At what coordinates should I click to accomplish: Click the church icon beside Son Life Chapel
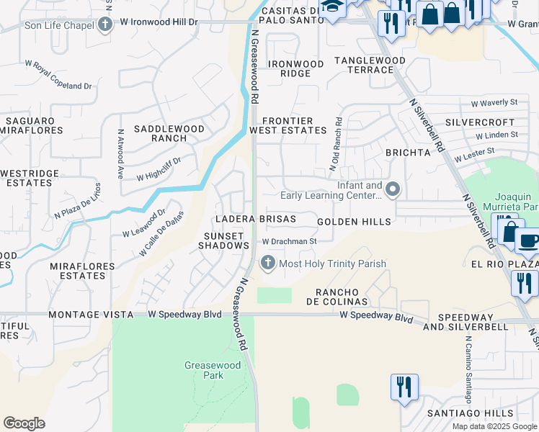(106, 25)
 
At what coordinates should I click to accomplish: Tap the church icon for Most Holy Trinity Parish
(268, 264)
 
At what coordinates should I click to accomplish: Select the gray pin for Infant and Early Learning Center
(393, 190)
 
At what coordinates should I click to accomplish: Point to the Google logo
(24, 423)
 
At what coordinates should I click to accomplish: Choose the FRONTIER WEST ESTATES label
(288, 126)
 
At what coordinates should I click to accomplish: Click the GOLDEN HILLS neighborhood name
(354, 222)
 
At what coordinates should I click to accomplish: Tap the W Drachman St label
(289, 242)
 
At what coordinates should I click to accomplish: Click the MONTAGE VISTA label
(91, 315)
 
